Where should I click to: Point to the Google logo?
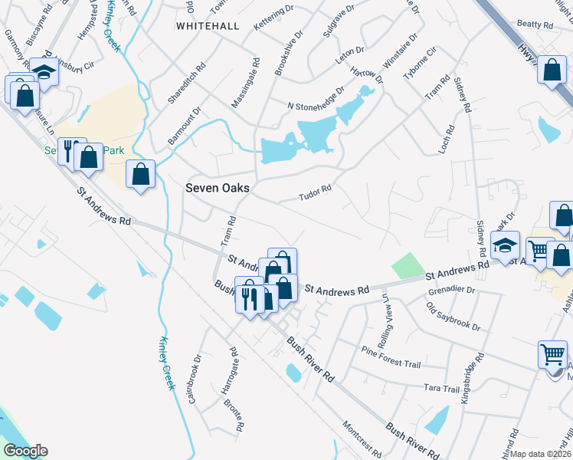pyautogui.click(x=25, y=451)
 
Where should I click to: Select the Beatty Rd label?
pyautogui.click(x=535, y=25)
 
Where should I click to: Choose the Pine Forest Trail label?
pyautogui.click(x=391, y=350)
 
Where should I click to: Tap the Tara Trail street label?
pyautogui.click(x=442, y=389)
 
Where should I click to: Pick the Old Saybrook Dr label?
pyautogui.click(x=453, y=317)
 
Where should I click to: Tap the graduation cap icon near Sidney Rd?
pyautogui.click(x=506, y=245)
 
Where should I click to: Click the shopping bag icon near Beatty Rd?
pyautogui.click(x=552, y=71)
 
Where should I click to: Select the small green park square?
pyautogui.click(x=407, y=266)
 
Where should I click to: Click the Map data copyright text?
pyautogui.click(x=541, y=454)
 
